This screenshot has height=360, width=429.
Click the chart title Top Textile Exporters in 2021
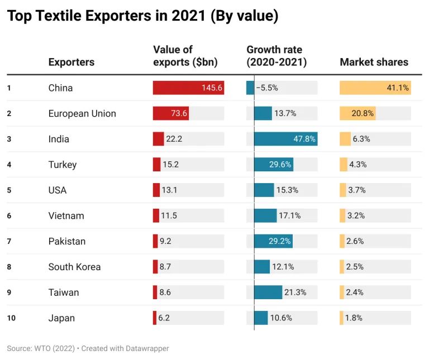click(x=142, y=17)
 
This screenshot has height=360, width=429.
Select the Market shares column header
click(x=374, y=62)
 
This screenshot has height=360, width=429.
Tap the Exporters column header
click(x=71, y=62)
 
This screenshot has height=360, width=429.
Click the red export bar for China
click(x=188, y=88)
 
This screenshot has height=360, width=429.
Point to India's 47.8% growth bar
click(x=285, y=139)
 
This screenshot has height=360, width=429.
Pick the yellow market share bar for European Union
click(x=357, y=113)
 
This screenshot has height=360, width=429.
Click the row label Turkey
click(x=63, y=165)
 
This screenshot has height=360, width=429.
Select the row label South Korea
click(x=74, y=267)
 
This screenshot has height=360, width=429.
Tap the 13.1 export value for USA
click(x=169, y=190)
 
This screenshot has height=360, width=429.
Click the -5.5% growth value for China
click(x=267, y=88)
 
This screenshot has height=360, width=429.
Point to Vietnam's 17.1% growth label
click(x=289, y=216)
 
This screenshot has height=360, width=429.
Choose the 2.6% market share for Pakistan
click(x=355, y=242)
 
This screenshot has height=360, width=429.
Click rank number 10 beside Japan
click(x=10, y=318)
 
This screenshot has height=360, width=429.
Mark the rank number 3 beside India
click(x=9, y=139)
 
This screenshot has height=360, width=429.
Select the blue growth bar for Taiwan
click(x=268, y=292)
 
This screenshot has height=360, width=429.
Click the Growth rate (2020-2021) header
click(x=277, y=56)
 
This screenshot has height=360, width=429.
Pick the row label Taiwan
click(x=64, y=292)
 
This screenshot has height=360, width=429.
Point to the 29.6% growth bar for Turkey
click(x=274, y=165)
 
